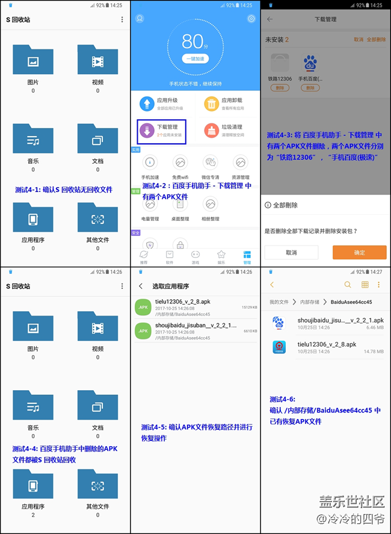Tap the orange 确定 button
click(x=360, y=252)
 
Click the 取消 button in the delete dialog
click(x=291, y=252)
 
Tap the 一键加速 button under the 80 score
click(x=195, y=58)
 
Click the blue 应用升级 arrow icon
click(x=147, y=104)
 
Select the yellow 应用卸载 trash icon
click(x=212, y=104)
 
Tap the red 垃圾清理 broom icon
click(x=212, y=130)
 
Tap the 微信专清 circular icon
click(x=211, y=162)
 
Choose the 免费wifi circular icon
click(x=180, y=162)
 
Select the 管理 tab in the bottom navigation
click(x=247, y=257)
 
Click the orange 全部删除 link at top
click(x=376, y=39)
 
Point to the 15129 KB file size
click(x=250, y=307)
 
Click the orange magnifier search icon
click(x=348, y=285)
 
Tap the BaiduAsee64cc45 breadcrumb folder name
click(x=350, y=302)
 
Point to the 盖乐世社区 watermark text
click(x=352, y=501)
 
